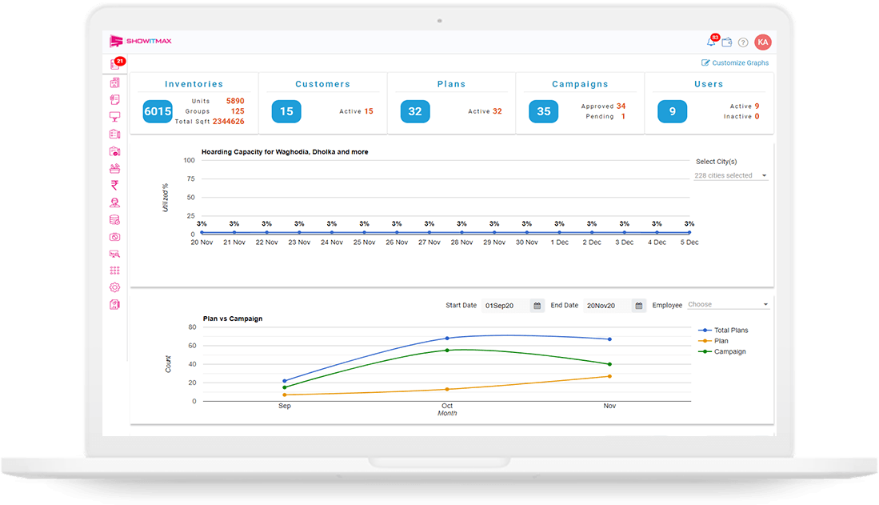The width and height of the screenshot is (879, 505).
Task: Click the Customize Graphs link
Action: (735, 63)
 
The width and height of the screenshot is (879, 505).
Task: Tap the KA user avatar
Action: (762, 42)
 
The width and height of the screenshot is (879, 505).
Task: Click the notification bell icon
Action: (711, 42)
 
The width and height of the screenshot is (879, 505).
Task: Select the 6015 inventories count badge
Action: (158, 111)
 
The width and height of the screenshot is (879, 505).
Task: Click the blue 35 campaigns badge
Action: (543, 111)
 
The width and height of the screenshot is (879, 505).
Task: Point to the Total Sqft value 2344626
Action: (228, 121)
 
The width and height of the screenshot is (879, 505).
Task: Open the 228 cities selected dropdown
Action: (730, 175)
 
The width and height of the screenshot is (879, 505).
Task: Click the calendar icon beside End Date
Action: (638, 305)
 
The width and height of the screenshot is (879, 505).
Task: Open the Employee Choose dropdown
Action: (728, 305)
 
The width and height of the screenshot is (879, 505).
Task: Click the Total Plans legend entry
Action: (723, 330)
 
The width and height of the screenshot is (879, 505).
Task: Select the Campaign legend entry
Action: (722, 351)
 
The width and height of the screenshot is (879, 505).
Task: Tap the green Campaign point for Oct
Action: (447, 350)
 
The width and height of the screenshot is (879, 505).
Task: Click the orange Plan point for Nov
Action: (609, 376)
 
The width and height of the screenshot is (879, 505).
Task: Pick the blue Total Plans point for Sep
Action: (284, 381)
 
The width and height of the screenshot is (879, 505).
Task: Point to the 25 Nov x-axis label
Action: (365, 242)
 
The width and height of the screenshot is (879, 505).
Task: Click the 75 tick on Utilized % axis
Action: (190, 178)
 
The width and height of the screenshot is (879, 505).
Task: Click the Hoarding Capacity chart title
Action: (285, 152)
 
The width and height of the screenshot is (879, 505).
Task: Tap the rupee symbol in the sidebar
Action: (114, 185)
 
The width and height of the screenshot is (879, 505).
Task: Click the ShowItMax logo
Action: (141, 41)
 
